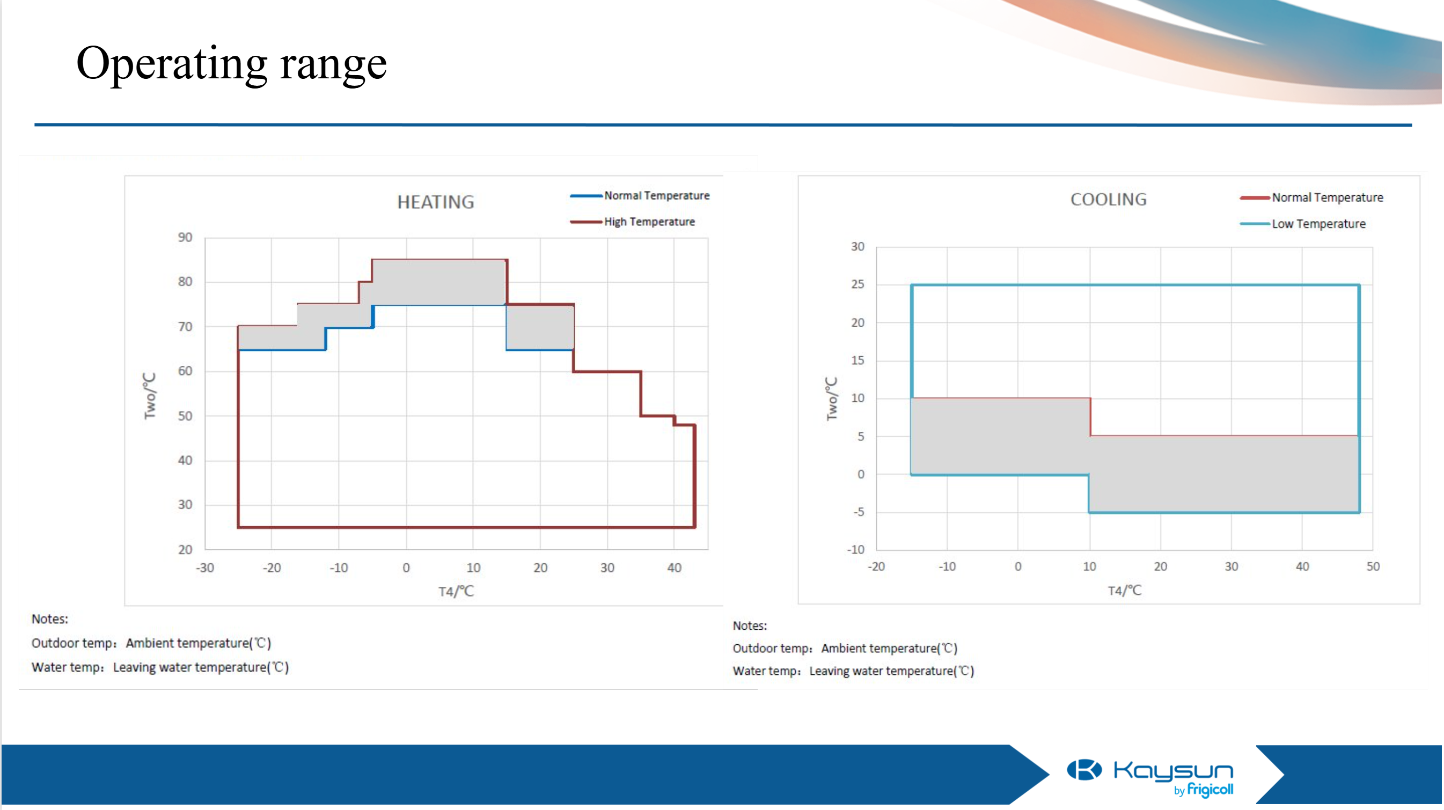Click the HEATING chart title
click(436, 202)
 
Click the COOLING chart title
click(1108, 200)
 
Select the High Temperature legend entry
click(649, 222)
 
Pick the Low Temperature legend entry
click(1318, 224)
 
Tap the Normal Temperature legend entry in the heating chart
click(656, 196)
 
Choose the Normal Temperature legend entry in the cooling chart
click(1327, 198)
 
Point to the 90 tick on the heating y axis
click(185, 237)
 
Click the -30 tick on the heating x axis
click(204, 568)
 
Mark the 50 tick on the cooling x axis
click(1373, 566)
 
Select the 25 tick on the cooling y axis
click(857, 284)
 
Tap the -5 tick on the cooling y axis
click(859, 512)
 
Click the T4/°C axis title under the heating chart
click(456, 591)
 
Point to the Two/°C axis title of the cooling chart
click(831, 399)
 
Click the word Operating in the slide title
click(172, 64)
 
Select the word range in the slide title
click(334, 64)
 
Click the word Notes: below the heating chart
click(50, 619)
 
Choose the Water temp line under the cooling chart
click(853, 671)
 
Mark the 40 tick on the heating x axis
click(675, 568)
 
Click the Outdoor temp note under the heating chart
click(151, 643)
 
